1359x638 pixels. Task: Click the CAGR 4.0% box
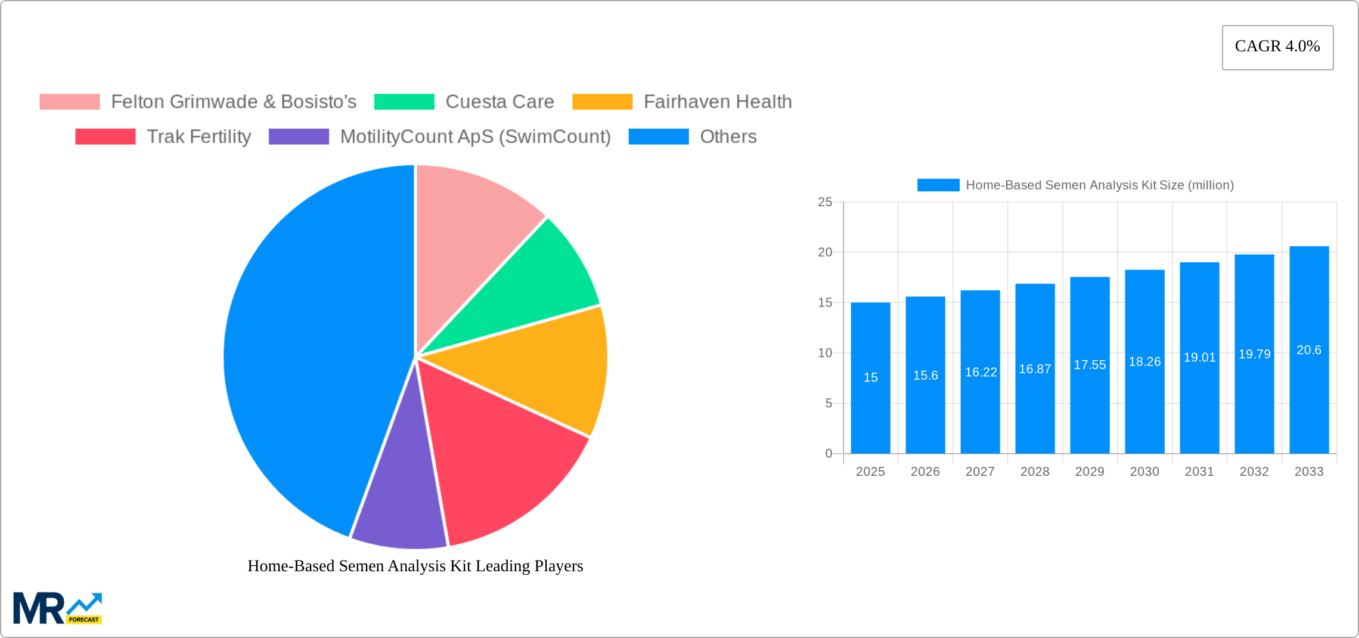[x=1277, y=47]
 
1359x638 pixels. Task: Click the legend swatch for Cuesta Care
[x=404, y=102]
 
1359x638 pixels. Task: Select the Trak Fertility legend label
[x=199, y=137]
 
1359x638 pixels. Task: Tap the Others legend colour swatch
[x=659, y=137]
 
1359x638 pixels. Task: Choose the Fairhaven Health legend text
[x=718, y=102]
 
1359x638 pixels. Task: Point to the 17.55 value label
[x=1090, y=365]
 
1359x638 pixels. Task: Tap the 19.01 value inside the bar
[x=1199, y=357]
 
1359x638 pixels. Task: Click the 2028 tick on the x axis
[x=1035, y=472]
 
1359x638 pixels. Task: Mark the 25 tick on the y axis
[x=825, y=202]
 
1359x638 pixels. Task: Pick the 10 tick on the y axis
[x=825, y=353]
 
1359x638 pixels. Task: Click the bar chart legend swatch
[x=938, y=185]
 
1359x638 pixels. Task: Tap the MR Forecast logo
[x=58, y=608]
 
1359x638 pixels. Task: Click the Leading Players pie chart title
[x=415, y=566]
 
